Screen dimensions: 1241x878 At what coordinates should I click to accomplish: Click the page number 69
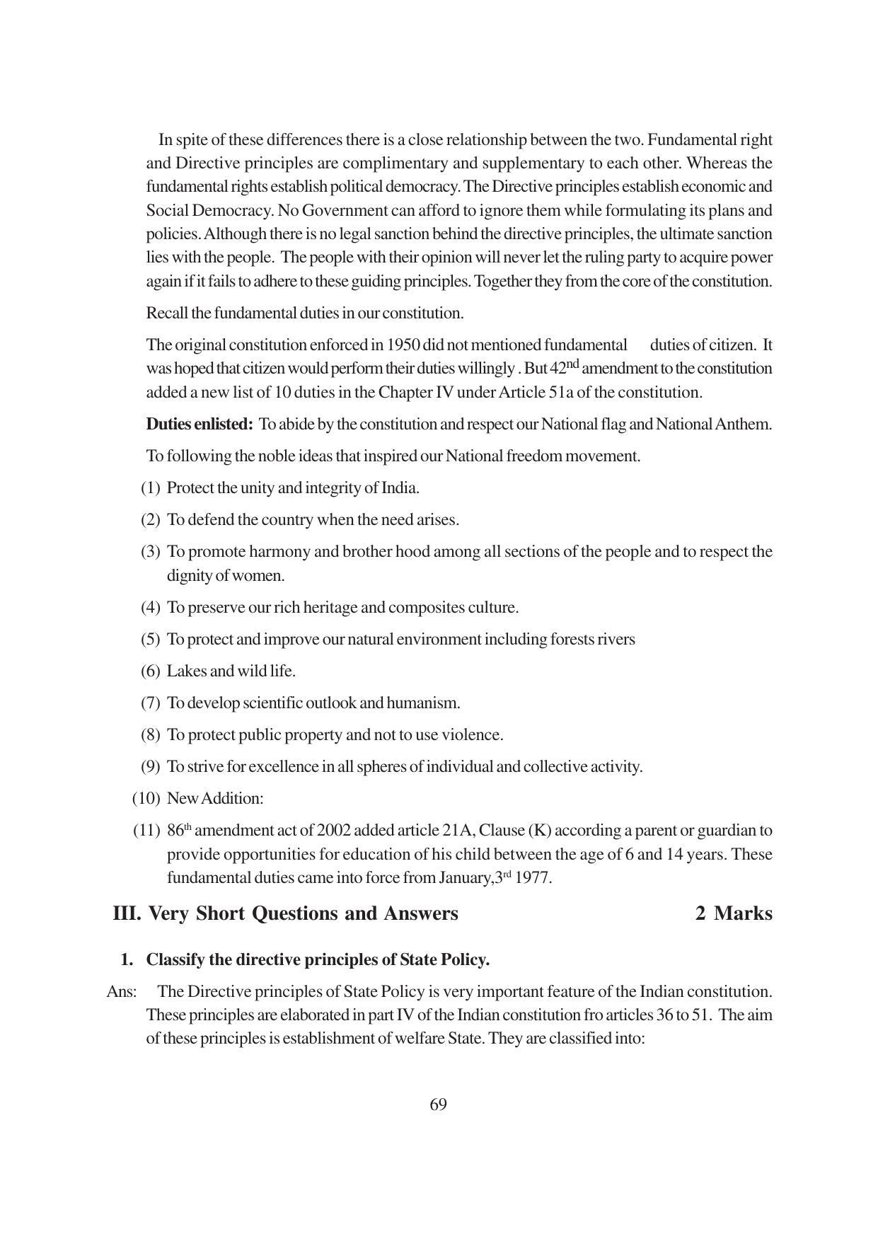438,1104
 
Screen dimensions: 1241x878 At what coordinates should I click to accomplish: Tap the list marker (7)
151,703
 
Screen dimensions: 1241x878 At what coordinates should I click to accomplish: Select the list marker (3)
151,552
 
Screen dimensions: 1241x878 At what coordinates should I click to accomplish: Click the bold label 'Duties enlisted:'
200,425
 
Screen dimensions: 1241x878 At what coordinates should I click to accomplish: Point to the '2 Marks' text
734,913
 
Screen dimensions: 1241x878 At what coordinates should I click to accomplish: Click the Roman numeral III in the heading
127,913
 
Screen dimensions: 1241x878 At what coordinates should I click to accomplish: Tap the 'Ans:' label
121,992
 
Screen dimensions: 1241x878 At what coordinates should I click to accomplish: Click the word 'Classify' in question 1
175,960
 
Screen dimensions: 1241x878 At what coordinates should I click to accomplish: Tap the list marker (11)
147,831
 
